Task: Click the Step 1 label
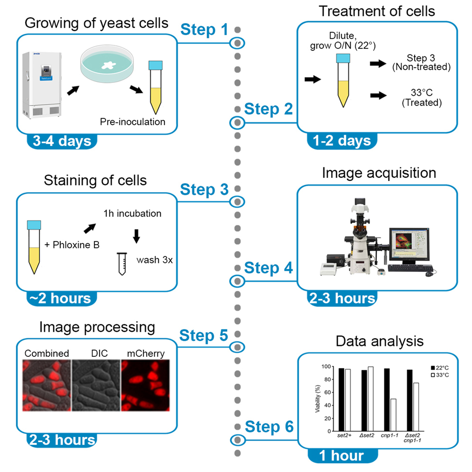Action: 204,30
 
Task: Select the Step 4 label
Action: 268,268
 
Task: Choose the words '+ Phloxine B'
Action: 72,245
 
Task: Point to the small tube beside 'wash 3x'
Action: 122,263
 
